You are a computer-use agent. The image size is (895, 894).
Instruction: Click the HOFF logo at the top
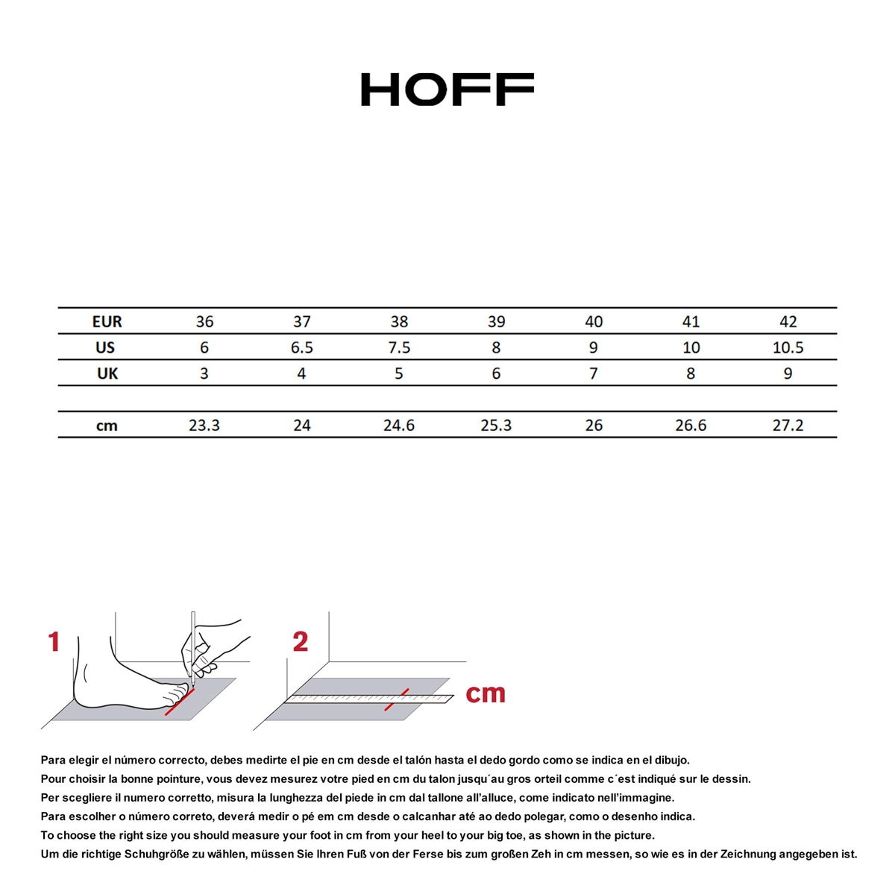click(x=447, y=89)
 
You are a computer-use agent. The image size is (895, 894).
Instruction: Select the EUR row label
click(x=107, y=321)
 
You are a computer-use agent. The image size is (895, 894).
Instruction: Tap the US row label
click(x=105, y=347)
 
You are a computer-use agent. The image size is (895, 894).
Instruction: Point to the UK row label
click(x=107, y=374)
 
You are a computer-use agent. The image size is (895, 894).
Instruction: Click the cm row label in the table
click(x=107, y=426)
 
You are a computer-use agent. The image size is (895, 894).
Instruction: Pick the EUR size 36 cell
click(x=204, y=321)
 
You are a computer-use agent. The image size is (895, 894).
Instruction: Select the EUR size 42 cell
click(x=788, y=321)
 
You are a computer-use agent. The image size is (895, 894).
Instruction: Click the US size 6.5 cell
click(x=301, y=347)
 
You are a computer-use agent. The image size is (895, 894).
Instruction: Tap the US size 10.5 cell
click(x=788, y=347)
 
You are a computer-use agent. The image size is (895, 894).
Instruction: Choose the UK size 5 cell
click(x=398, y=374)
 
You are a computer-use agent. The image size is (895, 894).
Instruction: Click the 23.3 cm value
click(x=204, y=426)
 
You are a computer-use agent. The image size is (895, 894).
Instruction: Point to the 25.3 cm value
click(x=496, y=426)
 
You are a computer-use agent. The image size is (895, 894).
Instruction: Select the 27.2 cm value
click(x=788, y=426)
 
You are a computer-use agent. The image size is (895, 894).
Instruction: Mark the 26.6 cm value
click(x=691, y=426)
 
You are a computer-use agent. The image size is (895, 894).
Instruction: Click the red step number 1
click(x=54, y=642)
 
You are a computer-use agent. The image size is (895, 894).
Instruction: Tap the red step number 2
click(x=301, y=642)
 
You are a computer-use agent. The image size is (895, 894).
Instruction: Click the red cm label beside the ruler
click(x=486, y=693)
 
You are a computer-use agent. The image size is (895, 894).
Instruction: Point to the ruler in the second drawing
click(x=369, y=699)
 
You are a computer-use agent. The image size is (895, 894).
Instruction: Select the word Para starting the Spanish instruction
click(x=52, y=761)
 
